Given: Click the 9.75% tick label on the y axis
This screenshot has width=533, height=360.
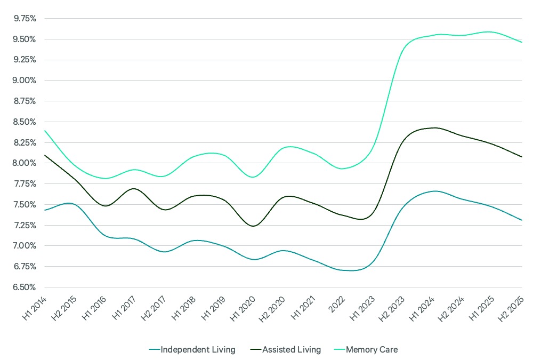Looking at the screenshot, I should [x=25, y=18].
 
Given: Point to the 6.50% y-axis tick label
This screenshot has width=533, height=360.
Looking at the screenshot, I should [x=25, y=287].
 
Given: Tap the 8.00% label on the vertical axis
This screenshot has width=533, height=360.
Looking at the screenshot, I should [x=25, y=163].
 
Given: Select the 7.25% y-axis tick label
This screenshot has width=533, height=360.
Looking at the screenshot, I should [x=25, y=225].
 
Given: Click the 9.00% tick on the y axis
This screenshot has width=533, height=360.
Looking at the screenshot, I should [x=25, y=81].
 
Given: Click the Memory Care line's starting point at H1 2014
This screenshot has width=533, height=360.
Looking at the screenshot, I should [x=45, y=131].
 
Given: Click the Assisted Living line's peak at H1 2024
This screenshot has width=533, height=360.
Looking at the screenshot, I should [x=434, y=127].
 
